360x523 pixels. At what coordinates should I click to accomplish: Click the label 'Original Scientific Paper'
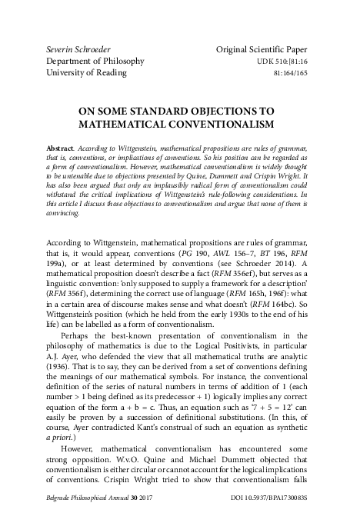pos(265,49)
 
